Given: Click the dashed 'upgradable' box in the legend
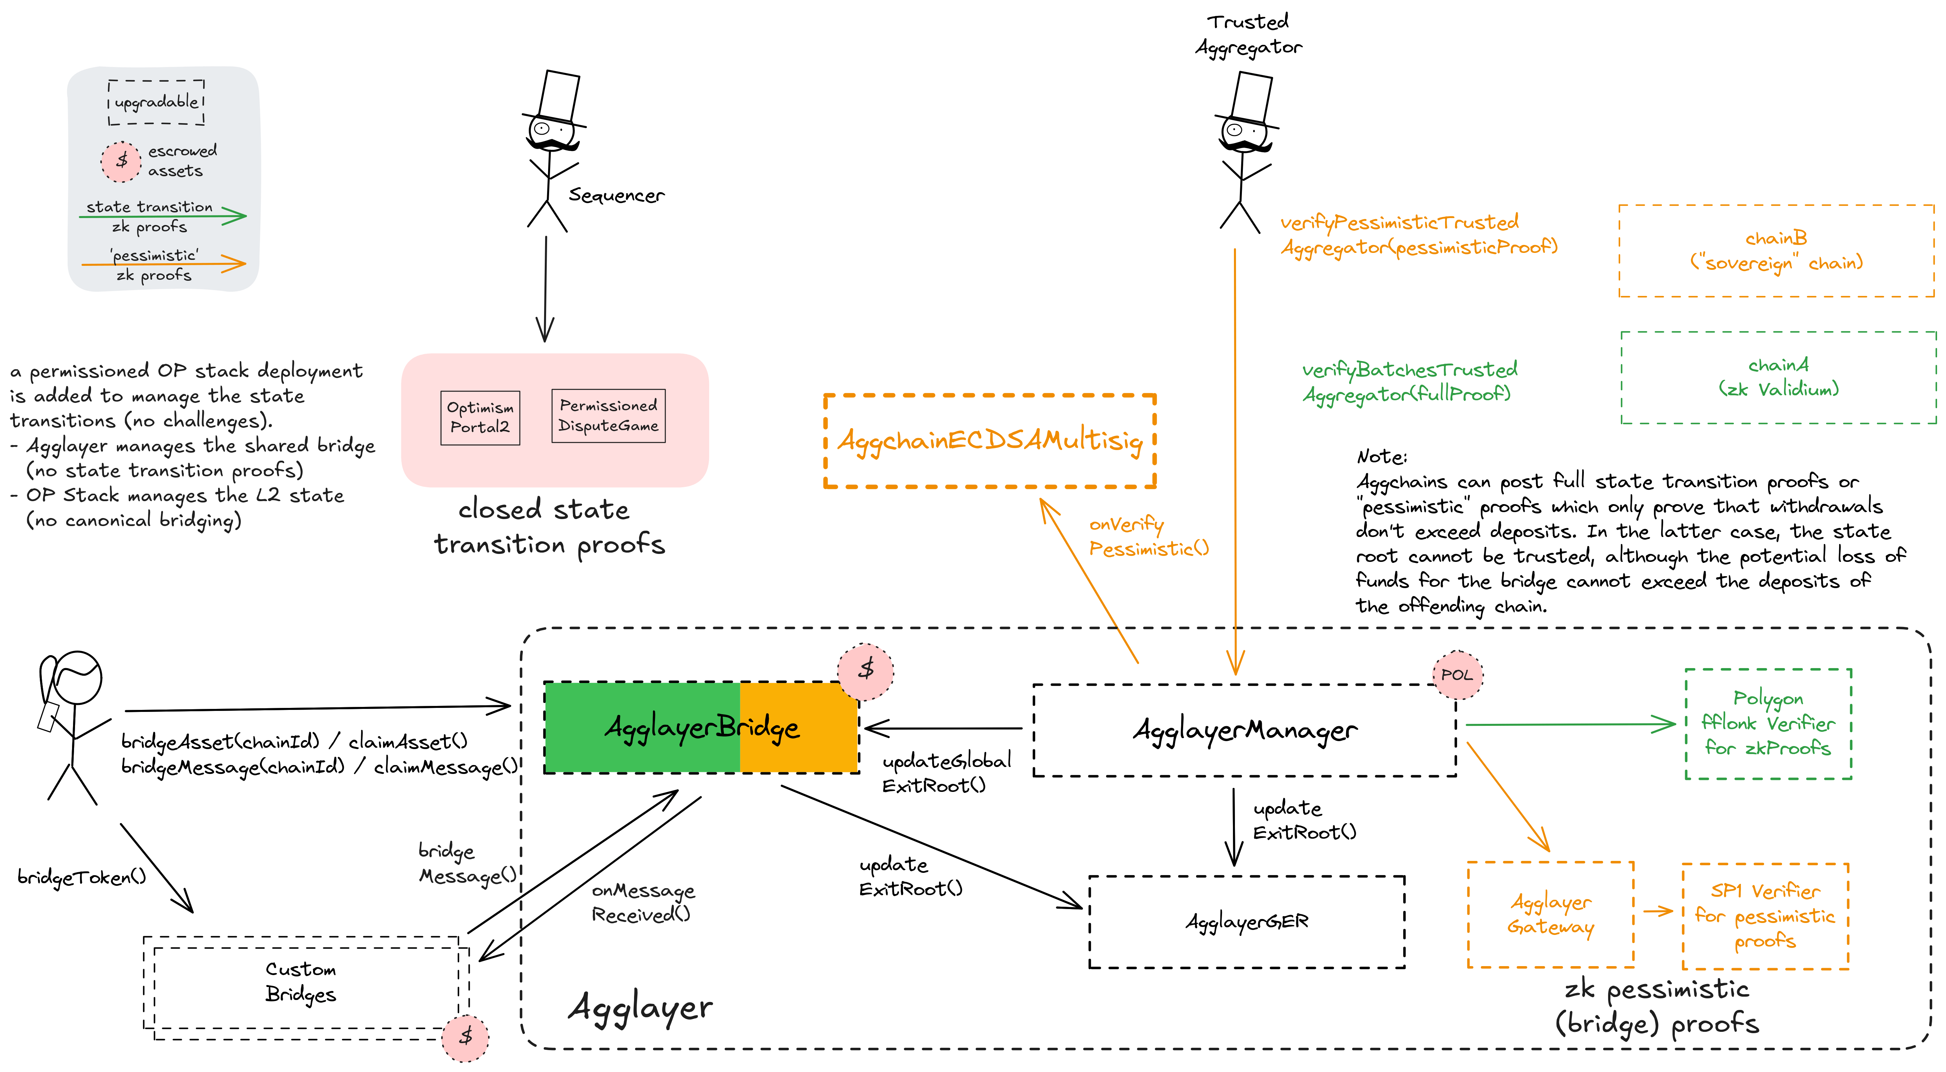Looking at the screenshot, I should coord(156,102).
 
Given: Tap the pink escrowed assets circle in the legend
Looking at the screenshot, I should coord(121,161).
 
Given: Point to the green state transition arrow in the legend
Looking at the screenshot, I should coord(162,217).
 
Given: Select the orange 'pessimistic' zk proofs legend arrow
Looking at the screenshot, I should coord(162,265).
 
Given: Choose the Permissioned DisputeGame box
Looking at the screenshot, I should coord(608,416).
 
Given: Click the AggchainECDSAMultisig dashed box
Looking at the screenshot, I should coord(990,440).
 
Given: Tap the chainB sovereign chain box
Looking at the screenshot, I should coord(1776,251).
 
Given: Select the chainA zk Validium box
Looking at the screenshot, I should coord(1778,377).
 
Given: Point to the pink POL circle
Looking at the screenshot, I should coord(1456,675).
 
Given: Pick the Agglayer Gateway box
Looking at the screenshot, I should coord(1550,914).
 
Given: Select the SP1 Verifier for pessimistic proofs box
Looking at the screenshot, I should coord(1765,916).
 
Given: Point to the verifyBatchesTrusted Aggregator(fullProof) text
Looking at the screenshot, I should coord(1409,382).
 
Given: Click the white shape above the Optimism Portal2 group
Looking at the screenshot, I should coord(559,96).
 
